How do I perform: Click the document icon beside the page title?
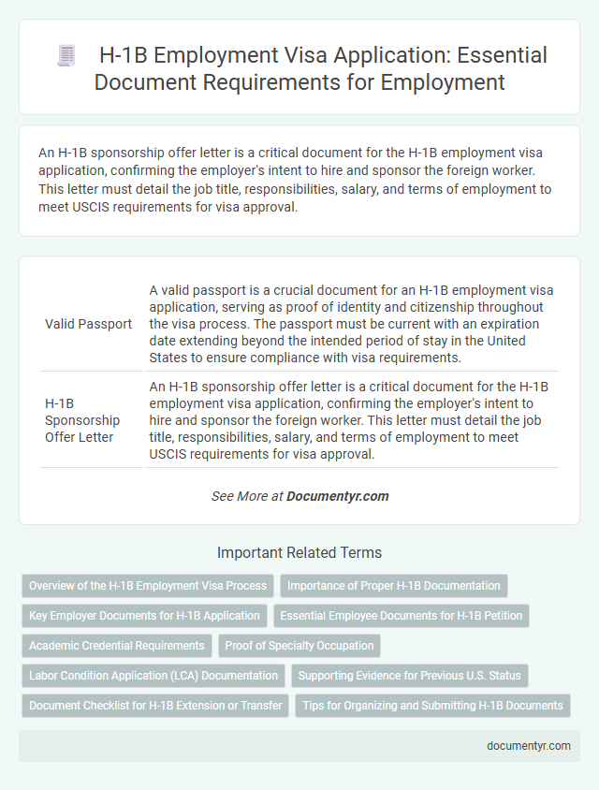tap(66, 55)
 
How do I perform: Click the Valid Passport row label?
tap(88, 324)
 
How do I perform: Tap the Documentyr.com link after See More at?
tap(337, 496)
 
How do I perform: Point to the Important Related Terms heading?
tap(299, 552)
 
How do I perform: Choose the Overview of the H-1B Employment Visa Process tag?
tap(148, 586)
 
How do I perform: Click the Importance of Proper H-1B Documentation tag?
tap(393, 586)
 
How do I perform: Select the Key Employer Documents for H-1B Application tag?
tap(144, 616)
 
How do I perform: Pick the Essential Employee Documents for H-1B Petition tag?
tap(402, 616)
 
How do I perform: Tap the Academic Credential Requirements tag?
tap(117, 646)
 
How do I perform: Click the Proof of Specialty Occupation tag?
tap(299, 646)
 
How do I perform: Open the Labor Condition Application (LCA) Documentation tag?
tap(153, 676)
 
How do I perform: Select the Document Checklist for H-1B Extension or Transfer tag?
tap(155, 706)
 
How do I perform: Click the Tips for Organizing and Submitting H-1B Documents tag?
tap(431, 706)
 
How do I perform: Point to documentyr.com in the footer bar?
tap(528, 746)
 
